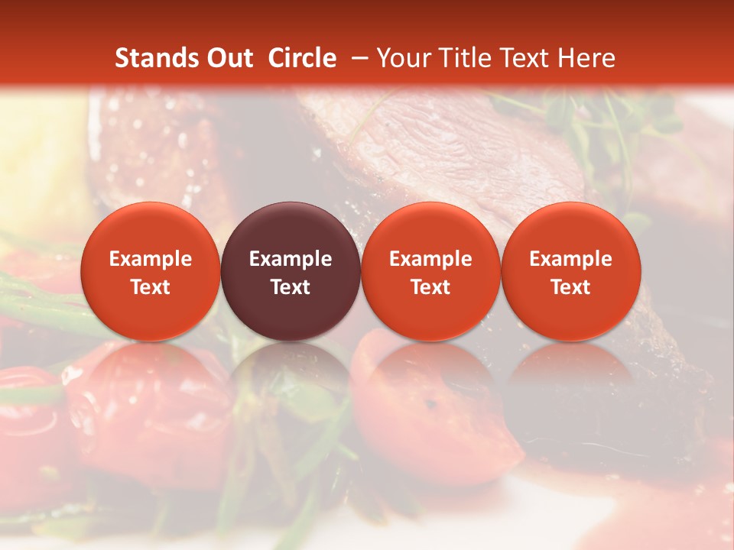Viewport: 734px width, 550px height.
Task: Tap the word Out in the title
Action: pyautogui.click(x=227, y=58)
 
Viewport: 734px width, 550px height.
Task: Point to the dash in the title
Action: pyautogui.click(x=359, y=58)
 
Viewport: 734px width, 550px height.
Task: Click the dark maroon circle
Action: pyautogui.click(x=291, y=271)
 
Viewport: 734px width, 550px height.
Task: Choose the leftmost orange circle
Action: pyautogui.click(x=150, y=271)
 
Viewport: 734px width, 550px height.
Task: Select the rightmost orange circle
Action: pyautogui.click(x=571, y=271)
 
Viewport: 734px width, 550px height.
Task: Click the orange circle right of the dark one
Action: pyautogui.click(x=430, y=271)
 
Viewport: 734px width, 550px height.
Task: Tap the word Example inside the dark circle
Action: pyautogui.click(x=291, y=259)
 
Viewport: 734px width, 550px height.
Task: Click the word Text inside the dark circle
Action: pyautogui.click(x=291, y=287)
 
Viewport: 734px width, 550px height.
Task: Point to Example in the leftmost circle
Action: pyautogui.click(x=150, y=259)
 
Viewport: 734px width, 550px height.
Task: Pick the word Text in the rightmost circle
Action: pyautogui.click(x=571, y=287)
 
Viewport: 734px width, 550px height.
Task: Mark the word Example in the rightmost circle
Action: pyautogui.click(x=571, y=259)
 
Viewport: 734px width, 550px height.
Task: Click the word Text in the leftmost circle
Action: pyautogui.click(x=150, y=287)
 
